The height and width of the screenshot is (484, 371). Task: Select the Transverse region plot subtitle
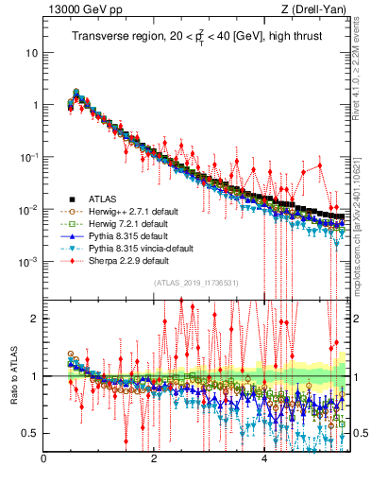click(194, 37)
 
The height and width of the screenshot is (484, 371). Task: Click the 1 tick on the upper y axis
click(34, 105)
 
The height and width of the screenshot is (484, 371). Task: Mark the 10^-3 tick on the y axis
click(28, 261)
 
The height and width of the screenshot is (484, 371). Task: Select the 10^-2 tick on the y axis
click(28, 209)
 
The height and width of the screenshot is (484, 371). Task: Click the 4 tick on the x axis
click(264, 459)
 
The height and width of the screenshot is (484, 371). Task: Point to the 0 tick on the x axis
click(44, 459)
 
